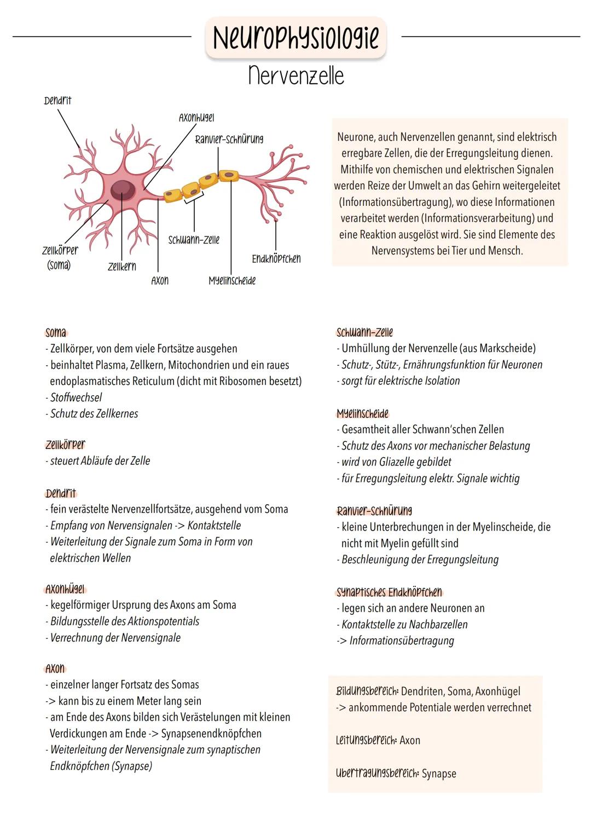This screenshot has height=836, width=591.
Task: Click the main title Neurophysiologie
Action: (296, 37)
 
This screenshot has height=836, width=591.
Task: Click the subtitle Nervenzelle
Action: (296, 76)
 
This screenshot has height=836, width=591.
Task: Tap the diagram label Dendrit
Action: (57, 101)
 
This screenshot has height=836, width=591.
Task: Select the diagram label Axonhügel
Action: (196, 118)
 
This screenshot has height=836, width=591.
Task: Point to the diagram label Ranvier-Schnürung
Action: (229, 139)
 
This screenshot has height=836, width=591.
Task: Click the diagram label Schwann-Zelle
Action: (194, 240)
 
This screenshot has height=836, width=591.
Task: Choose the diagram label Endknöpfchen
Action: (276, 258)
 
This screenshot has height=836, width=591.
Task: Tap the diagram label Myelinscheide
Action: (232, 281)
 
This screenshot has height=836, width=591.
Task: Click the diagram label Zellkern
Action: (121, 267)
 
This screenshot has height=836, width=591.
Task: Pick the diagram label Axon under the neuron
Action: (160, 281)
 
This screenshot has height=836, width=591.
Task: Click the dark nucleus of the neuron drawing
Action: (123, 190)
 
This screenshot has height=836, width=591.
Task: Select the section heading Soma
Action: (56, 332)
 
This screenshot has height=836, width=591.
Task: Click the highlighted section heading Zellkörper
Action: (65, 445)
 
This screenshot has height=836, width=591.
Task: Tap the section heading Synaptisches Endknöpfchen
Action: (389, 592)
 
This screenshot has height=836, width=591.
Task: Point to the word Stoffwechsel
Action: (76, 397)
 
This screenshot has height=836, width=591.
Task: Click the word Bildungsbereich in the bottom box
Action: (367, 691)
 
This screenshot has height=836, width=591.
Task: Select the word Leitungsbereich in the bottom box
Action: (366, 740)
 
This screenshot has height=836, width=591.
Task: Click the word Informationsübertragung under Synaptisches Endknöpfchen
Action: (402, 641)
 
